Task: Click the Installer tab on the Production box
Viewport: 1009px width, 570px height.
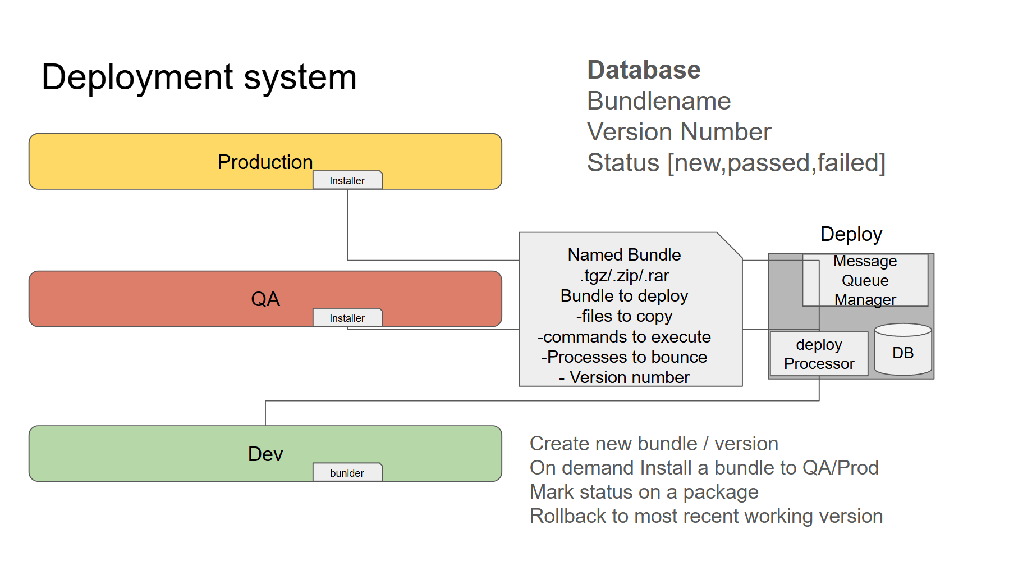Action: [347, 180]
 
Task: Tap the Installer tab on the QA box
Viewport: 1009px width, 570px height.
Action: [347, 318]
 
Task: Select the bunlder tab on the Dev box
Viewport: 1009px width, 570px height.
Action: [347, 473]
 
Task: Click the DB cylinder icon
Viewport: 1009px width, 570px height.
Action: [902, 350]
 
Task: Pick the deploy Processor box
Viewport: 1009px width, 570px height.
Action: [819, 354]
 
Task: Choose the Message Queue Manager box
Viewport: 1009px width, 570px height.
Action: [865, 280]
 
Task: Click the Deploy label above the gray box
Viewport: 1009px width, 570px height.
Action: [851, 234]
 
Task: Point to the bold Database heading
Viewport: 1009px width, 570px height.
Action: [644, 70]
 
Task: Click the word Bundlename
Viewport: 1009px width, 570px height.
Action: [659, 102]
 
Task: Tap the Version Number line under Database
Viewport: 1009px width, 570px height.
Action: [679, 133]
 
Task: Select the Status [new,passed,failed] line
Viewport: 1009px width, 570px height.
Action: [736, 163]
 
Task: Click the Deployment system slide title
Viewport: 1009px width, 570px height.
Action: [199, 77]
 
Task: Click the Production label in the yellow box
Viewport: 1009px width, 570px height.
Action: [265, 162]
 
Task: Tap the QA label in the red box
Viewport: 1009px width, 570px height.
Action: [265, 299]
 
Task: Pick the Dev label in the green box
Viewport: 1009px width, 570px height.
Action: [265, 454]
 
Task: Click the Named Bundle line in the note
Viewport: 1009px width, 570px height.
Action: [624, 255]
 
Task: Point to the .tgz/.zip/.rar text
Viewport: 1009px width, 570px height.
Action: [624, 276]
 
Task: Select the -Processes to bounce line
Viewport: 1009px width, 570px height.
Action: [624, 357]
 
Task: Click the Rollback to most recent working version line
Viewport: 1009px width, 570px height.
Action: [706, 516]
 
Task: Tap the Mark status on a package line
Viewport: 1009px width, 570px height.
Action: [644, 492]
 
